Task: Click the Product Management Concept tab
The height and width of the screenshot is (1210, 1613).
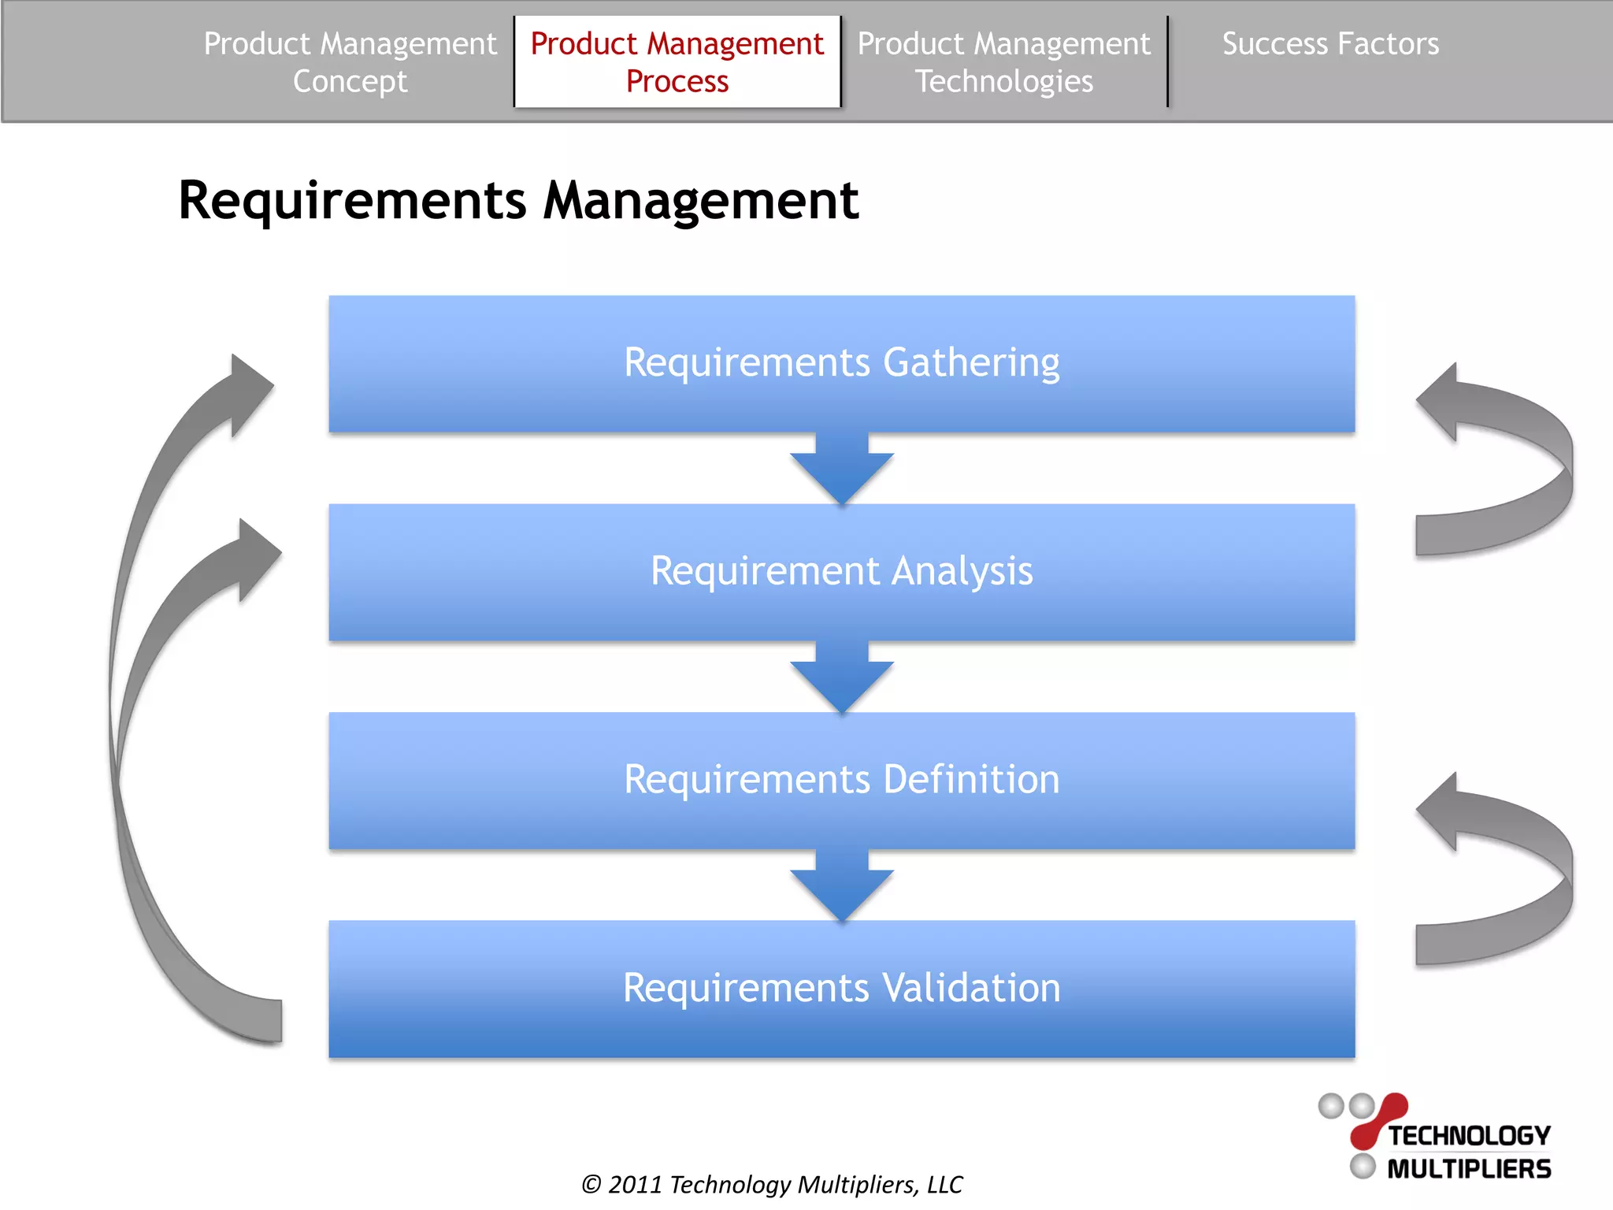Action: pyautogui.click(x=350, y=61)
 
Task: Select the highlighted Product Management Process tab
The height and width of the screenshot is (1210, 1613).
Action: pyautogui.click(x=677, y=61)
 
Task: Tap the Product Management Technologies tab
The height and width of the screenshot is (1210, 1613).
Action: pyautogui.click(x=1003, y=61)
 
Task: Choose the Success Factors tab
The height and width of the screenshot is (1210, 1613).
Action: pyautogui.click(x=1330, y=44)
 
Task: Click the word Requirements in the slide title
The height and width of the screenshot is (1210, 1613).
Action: pyautogui.click(x=352, y=200)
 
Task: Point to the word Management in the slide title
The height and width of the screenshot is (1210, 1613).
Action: pyautogui.click(x=700, y=200)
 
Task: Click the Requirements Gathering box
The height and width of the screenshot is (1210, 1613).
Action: pyautogui.click(x=841, y=363)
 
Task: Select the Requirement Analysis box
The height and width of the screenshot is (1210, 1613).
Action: pyautogui.click(x=841, y=571)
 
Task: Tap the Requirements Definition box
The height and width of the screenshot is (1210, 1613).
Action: pyautogui.click(x=841, y=780)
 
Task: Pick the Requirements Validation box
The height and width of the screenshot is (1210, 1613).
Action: pyautogui.click(x=841, y=988)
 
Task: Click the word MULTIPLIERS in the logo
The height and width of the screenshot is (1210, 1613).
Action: pyautogui.click(x=1468, y=1168)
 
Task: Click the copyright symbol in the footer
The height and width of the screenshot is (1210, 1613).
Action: pyautogui.click(x=591, y=1185)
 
